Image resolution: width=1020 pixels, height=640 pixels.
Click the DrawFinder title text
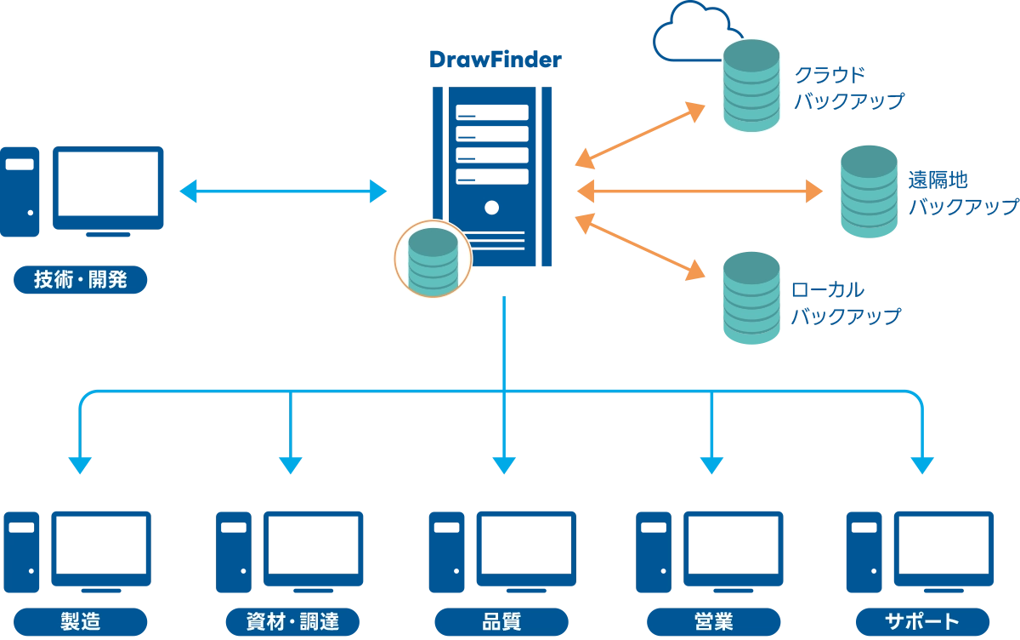coord(496,60)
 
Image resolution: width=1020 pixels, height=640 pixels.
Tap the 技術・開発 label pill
coord(80,279)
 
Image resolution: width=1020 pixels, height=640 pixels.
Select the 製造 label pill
coord(80,622)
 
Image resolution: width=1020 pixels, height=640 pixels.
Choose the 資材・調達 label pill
coord(292,622)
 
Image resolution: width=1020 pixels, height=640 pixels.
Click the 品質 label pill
coord(501,622)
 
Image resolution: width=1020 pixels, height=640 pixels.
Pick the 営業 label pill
coord(713,622)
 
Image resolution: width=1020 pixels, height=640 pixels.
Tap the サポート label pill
coord(922,622)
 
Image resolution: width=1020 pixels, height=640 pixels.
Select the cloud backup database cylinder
coord(751,86)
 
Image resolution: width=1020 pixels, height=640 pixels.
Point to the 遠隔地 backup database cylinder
coord(869,191)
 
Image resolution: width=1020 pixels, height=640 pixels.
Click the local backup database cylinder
coord(751,298)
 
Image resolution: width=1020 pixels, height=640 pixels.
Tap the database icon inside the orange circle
coord(433,260)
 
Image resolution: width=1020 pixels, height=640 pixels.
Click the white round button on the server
coord(492,208)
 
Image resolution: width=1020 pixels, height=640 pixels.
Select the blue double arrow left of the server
coord(283,191)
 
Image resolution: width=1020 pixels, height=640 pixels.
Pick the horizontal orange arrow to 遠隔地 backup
coord(700,191)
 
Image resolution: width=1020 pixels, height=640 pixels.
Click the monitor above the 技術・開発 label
coord(108,191)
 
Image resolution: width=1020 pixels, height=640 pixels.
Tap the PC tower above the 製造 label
coord(21,552)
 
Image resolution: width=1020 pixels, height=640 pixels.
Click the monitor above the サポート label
coord(943,552)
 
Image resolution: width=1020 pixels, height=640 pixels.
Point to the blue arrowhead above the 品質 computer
coord(504,466)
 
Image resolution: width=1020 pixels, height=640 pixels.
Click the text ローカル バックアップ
coord(846,303)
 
